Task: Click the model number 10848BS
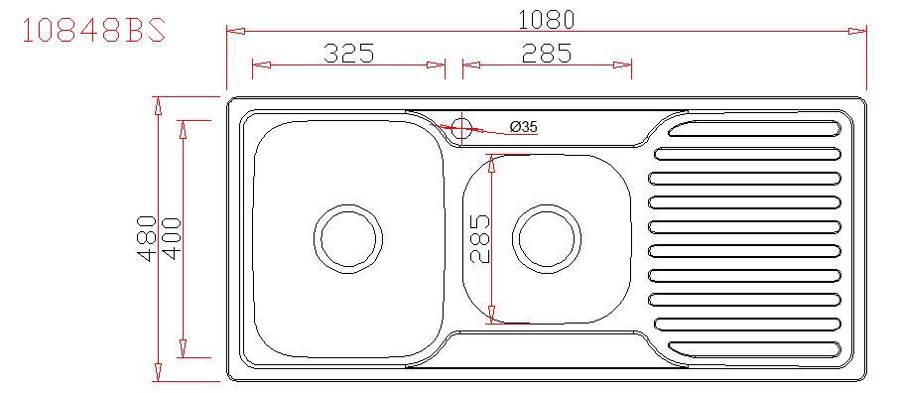tap(94, 31)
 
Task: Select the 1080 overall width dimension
tap(546, 20)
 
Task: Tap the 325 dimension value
tap(348, 54)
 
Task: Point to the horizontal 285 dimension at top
tap(547, 54)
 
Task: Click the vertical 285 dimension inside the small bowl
tap(480, 238)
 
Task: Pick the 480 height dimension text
tap(148, 238)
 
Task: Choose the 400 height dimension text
tap(172, 238)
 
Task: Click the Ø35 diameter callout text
tap(524, 127)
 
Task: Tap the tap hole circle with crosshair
tap(461, 128)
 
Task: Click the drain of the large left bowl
tap(348, 238)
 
